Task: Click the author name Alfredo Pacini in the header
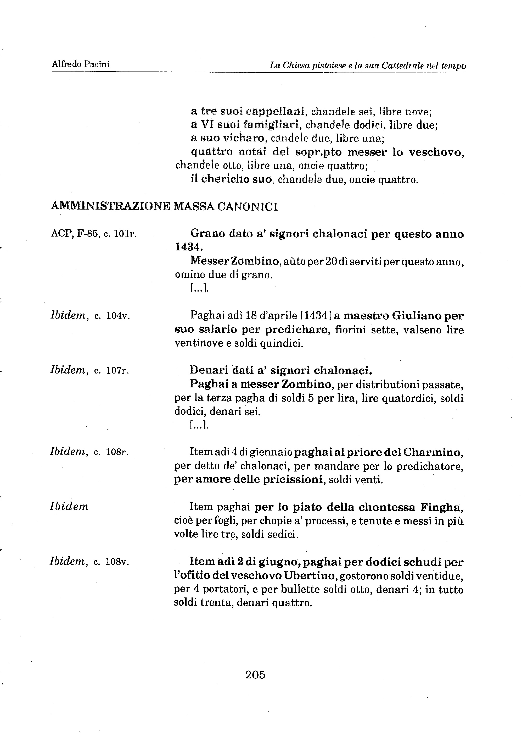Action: click(81, 64)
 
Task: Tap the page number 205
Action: click(255, 674)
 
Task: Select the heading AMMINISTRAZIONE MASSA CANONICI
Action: click(164, 206)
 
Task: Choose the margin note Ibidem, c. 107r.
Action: click(89, 370)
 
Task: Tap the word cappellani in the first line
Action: click(275, 111)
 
